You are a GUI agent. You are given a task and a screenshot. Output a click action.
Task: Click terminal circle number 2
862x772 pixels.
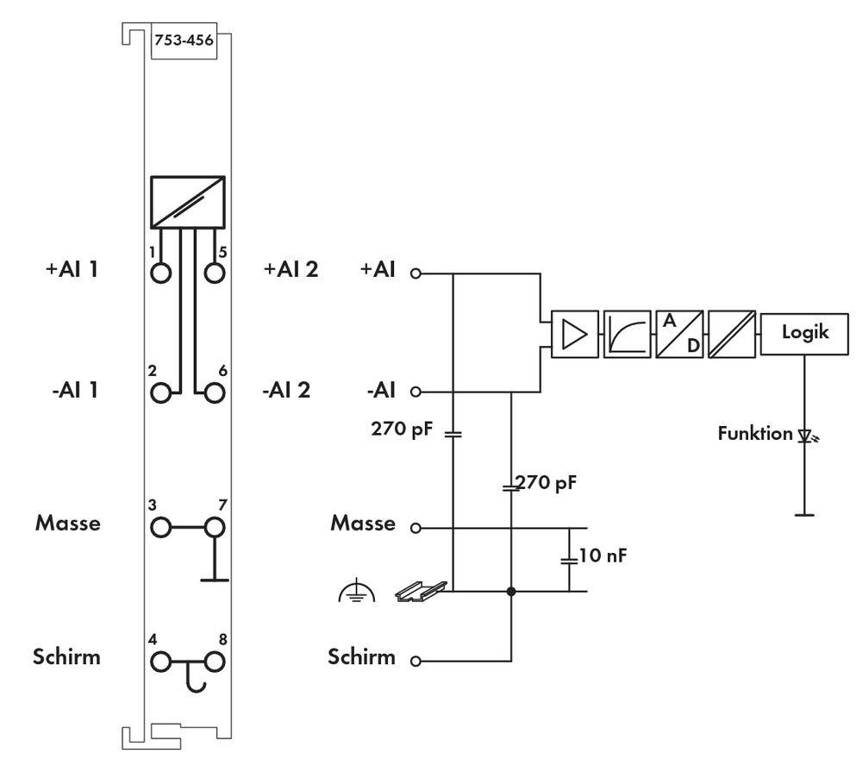(160, 393)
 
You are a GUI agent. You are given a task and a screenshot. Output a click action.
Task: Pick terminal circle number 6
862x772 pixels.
(215, 393)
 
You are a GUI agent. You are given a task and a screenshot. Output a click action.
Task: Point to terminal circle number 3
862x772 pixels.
(160, 527)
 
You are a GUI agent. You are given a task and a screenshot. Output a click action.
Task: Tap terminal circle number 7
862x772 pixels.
(215, 527)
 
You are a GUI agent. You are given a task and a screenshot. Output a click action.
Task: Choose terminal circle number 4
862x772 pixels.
(160, 662)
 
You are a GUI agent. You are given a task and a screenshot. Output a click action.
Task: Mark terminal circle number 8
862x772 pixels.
(215, 662)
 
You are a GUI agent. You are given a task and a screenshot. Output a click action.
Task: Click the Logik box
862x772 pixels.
(805, 332)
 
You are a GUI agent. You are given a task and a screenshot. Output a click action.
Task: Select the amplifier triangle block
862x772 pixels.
(575, 333)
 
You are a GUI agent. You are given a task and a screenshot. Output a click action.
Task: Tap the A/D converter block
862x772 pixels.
(679, 333)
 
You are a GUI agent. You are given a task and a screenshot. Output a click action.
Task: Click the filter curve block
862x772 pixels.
(628, 333)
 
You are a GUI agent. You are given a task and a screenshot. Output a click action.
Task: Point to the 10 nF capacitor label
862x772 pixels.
(603, 555)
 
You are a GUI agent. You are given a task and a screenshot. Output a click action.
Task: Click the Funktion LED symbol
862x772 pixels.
(807, 436)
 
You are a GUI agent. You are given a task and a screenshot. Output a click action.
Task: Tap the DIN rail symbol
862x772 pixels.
(421, 591)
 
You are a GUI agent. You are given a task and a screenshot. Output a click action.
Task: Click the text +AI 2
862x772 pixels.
(290, 269)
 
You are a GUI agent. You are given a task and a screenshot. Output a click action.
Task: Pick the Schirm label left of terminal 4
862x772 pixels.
(67, 656)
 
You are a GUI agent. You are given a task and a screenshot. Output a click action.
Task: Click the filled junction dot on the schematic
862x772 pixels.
(512, 592)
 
